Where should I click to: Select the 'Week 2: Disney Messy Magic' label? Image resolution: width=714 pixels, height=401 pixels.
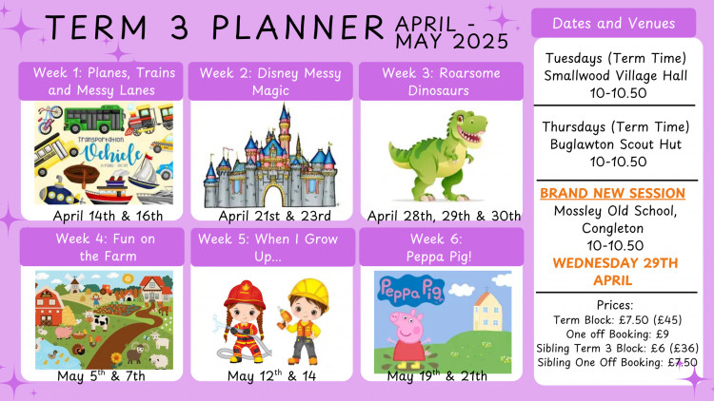point(270,81)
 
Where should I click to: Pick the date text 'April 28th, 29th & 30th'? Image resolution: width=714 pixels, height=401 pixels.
point(445,216)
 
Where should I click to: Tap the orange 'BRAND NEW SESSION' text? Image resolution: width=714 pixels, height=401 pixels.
point(612,193)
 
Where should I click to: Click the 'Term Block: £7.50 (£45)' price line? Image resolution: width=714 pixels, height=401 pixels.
point(612,320)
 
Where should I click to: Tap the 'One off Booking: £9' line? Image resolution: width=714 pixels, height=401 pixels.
point(612,334)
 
